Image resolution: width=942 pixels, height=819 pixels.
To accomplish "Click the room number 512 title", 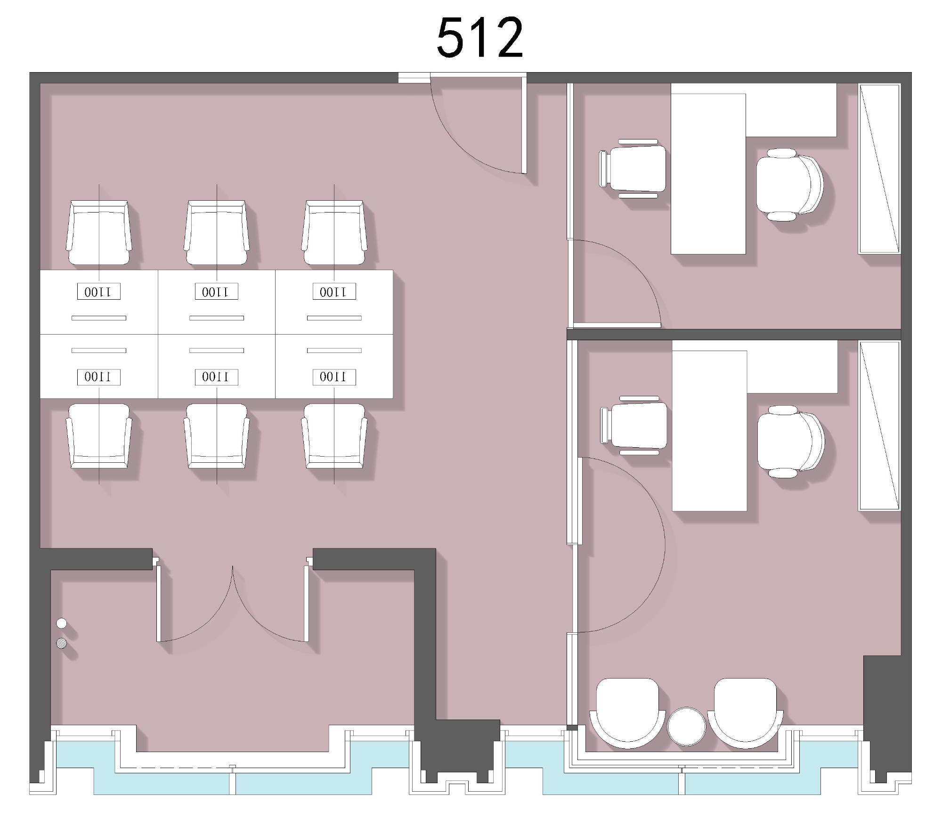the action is [479, 37].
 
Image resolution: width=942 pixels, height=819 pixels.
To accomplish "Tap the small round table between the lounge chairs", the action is [687, 726].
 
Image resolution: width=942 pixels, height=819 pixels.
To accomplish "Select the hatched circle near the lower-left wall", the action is [61, 643].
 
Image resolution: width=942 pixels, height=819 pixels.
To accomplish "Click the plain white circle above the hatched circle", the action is [61, 623].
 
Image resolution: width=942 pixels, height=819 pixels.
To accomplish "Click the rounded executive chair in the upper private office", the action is [789, 185].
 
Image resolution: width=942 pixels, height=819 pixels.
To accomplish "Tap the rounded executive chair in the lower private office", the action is [791, 442].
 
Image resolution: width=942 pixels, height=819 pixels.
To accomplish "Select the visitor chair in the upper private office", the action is [633, 168].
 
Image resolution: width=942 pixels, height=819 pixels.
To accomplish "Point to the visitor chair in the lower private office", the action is [634, 425].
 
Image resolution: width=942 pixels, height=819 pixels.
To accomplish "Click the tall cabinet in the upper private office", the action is [879, 169].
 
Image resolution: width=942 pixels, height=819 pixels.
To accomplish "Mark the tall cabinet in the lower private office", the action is [879, 426].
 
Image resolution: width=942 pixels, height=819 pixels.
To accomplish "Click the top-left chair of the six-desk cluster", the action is [99, 233].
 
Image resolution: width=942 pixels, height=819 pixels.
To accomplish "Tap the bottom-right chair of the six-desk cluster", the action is [334, 436].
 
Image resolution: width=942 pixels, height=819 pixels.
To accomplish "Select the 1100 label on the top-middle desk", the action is [217, 292].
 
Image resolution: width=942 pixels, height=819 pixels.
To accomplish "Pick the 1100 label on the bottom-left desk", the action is [99, 377].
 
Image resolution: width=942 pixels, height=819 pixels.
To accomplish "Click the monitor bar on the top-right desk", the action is [334, 318].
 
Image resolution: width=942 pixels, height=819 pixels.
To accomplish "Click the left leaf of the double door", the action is [159, 603].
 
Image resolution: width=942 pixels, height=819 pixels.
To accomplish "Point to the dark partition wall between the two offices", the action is [734, 334].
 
